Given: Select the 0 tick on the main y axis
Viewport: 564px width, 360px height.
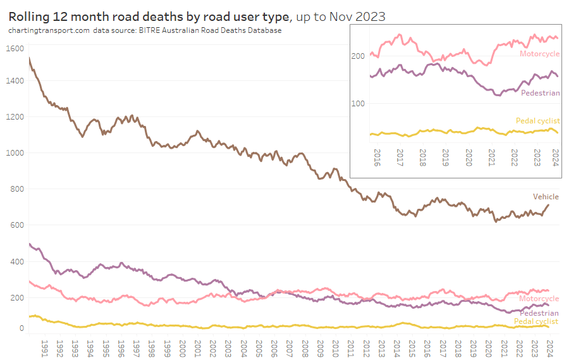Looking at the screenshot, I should (21, 328).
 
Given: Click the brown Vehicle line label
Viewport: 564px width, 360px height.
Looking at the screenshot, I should (546, 197).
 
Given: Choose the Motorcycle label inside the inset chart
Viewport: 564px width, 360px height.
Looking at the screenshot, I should (539, 54).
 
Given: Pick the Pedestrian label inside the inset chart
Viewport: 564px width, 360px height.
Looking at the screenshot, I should (541, 93).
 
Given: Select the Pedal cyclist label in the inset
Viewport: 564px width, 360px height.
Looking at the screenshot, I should (537, 121).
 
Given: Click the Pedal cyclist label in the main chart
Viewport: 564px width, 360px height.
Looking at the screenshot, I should (536, 321).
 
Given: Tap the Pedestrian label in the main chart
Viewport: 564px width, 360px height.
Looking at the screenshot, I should (539, 313).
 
